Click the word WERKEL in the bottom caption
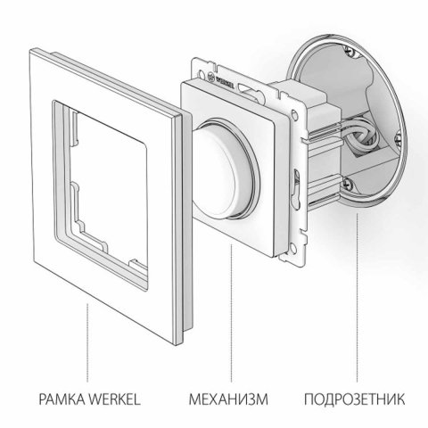coord(114,396)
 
